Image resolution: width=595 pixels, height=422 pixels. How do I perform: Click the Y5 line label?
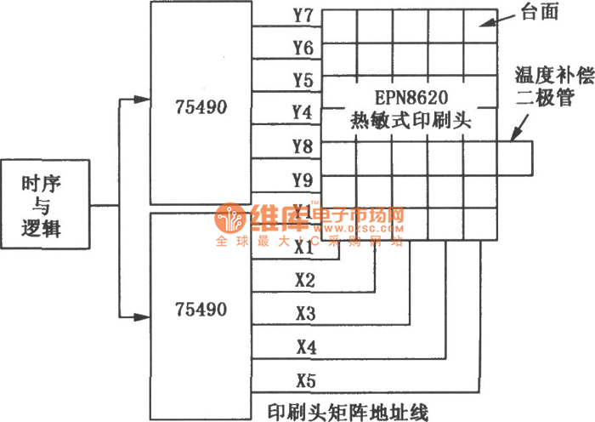(302, 81)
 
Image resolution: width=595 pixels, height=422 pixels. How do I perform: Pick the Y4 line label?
(302, 112)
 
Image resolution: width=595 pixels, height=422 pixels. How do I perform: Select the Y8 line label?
(302, 146)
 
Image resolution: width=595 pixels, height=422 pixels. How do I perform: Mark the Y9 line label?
(302, 179)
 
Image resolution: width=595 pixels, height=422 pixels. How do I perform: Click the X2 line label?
(304, 280)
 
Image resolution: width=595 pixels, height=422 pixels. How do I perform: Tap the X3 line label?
(305, 313)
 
